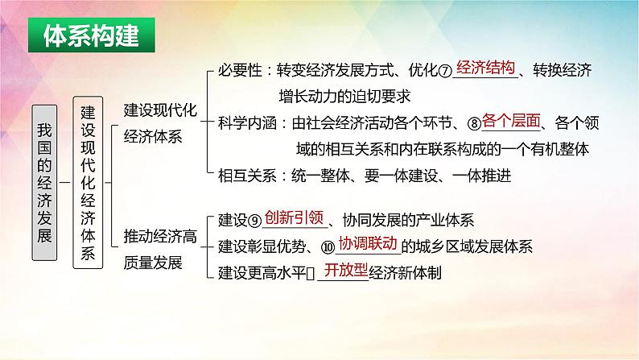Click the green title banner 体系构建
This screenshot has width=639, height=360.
[91, 35]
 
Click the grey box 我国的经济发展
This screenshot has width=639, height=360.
[44, 183]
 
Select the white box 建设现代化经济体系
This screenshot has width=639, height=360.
[88, 183]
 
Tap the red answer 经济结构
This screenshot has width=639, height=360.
[485, 68]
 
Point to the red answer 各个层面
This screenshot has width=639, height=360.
[511, 121]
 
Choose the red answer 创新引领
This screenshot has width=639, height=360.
[294, 217]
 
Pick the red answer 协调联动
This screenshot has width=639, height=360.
[368, 243]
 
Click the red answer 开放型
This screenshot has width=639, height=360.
[346, 270]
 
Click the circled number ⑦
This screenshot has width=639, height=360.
[445, 72]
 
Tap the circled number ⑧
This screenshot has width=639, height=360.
[474, 123]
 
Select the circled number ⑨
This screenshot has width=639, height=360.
[254, 221]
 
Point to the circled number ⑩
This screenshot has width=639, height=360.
[328, 247]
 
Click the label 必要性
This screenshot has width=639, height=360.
[240, 71]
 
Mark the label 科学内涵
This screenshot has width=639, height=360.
[247, 123]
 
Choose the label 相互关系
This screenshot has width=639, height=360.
[247, 176]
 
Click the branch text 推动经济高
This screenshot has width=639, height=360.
[160, 237]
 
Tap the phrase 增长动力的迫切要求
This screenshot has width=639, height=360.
[344, 97]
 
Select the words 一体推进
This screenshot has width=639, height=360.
[482, 176]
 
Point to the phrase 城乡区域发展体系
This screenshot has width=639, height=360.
[474, 246]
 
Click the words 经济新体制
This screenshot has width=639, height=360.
[405, 273]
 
